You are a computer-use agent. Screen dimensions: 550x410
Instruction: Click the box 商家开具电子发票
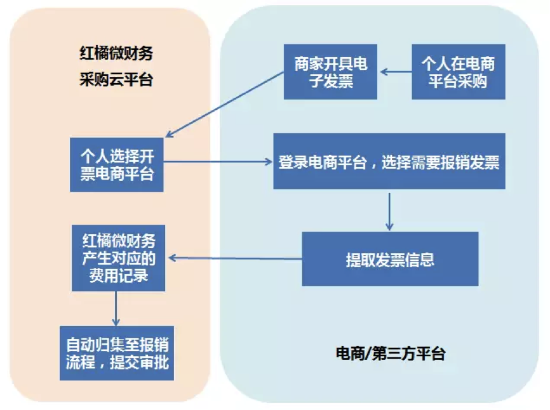tap(330, 72)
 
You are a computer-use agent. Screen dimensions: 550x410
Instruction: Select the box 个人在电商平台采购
tap(459, 72)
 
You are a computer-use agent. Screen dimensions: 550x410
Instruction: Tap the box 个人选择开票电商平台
tap(117, 165)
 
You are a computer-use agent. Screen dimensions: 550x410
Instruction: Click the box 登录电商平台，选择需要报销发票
tap(389, 161)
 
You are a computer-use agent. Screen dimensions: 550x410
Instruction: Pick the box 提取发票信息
tap(390, 259)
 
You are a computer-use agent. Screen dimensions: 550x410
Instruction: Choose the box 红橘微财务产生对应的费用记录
tap(119, 258)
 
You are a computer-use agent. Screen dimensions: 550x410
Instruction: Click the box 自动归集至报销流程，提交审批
tap(117, 354)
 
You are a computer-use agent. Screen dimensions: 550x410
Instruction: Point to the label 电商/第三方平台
tap(391, 354)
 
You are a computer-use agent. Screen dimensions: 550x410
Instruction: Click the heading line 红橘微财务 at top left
tap(116, 53)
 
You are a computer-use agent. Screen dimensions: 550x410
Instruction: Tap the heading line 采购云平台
tap(116, 79)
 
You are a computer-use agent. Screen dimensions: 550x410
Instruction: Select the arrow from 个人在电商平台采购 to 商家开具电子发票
tap(396, 72)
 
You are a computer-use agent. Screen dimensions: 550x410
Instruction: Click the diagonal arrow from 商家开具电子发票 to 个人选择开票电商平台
tap(224, 105)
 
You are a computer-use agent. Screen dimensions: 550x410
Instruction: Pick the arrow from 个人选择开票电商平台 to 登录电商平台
tap(218, 162)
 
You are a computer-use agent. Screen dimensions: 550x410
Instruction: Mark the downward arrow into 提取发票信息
tap(389, 211)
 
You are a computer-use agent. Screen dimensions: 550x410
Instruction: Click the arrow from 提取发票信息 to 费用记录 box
tap(236, 258)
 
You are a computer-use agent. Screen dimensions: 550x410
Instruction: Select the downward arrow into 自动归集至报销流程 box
tap(116, 308)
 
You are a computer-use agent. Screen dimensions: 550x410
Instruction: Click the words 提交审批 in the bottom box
tap(140, 362)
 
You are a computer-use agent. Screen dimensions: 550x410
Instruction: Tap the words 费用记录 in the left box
tap(119, 275)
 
